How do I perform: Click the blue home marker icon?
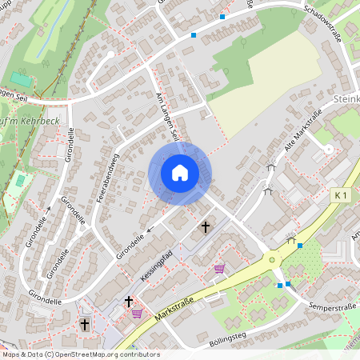[179, 173]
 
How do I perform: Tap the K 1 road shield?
[342, 195]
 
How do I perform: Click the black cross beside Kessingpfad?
[205, 228]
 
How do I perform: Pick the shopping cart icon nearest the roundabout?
[219, 270]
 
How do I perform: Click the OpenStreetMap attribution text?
[80, 354]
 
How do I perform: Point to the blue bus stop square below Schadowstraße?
[194, 35]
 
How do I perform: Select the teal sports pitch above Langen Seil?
[22, 78]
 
